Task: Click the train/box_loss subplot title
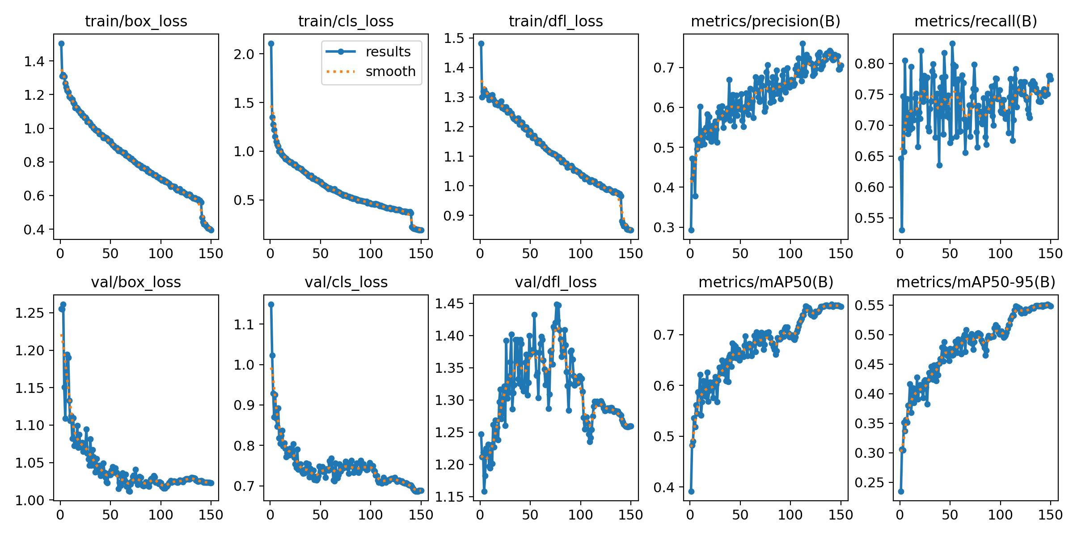[136, 21]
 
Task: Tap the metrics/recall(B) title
[976, 21]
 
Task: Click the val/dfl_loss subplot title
[556, 282]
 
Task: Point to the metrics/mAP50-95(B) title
[976, 282]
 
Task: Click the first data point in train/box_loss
[61, 43]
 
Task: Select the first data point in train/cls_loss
[271, 43]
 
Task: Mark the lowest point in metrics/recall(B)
[902, 230]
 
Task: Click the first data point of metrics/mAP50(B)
[691, 491]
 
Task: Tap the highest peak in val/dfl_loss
[557, 304]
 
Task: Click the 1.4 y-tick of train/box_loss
[34, 61]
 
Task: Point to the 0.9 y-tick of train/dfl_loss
[454, 216]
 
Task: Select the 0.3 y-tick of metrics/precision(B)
[664, 227]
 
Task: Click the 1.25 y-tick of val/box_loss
[30, 313]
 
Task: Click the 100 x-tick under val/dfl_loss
[580, 515]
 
